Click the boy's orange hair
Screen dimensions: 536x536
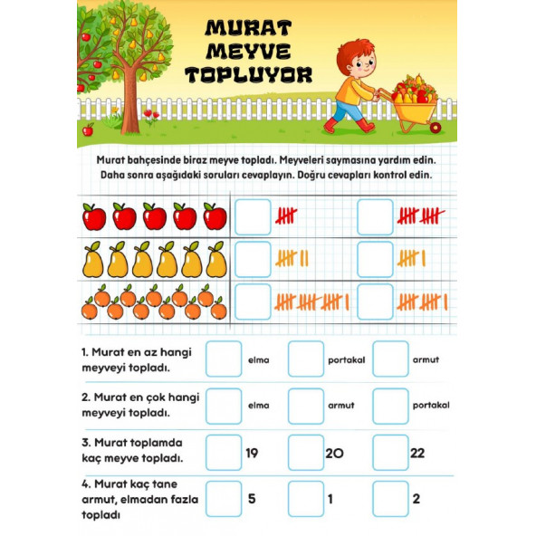(x=354, y=53)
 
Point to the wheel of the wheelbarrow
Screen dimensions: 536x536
(x=435, y=125)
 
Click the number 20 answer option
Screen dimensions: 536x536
(x=334, y=453)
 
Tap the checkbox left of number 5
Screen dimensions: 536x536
(x=224, y=499)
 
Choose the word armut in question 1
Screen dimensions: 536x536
(x=426, y=359)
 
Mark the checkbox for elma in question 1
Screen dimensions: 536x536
(x=224, y=359)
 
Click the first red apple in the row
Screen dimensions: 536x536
(x=94, y=217)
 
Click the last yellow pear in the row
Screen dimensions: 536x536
(x=215, y=260)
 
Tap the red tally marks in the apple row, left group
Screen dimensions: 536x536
(x=287, y=216)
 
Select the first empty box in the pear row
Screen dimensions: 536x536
(x=253, y=260)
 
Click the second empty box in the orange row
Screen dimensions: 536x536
(x=375, y=301)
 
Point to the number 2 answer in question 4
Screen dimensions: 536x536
(x=416, y=499)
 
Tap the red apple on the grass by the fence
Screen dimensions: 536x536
(x=88, y=130)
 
